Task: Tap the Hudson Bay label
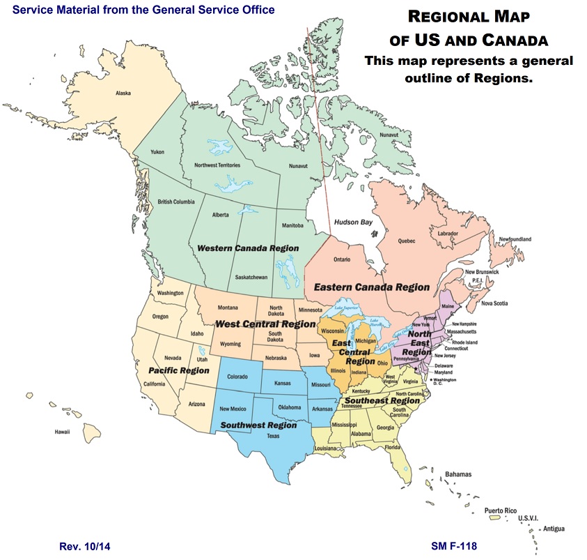[354, 222]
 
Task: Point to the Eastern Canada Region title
[371, 287]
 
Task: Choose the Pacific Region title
[179, 370]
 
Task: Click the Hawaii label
[63, 432]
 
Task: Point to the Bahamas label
[458, 474]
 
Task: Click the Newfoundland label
[515, 239]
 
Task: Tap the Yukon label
[157, 152]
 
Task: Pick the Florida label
[393, 447]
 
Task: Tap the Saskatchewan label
[251, 277]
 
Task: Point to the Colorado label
[237, 377]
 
